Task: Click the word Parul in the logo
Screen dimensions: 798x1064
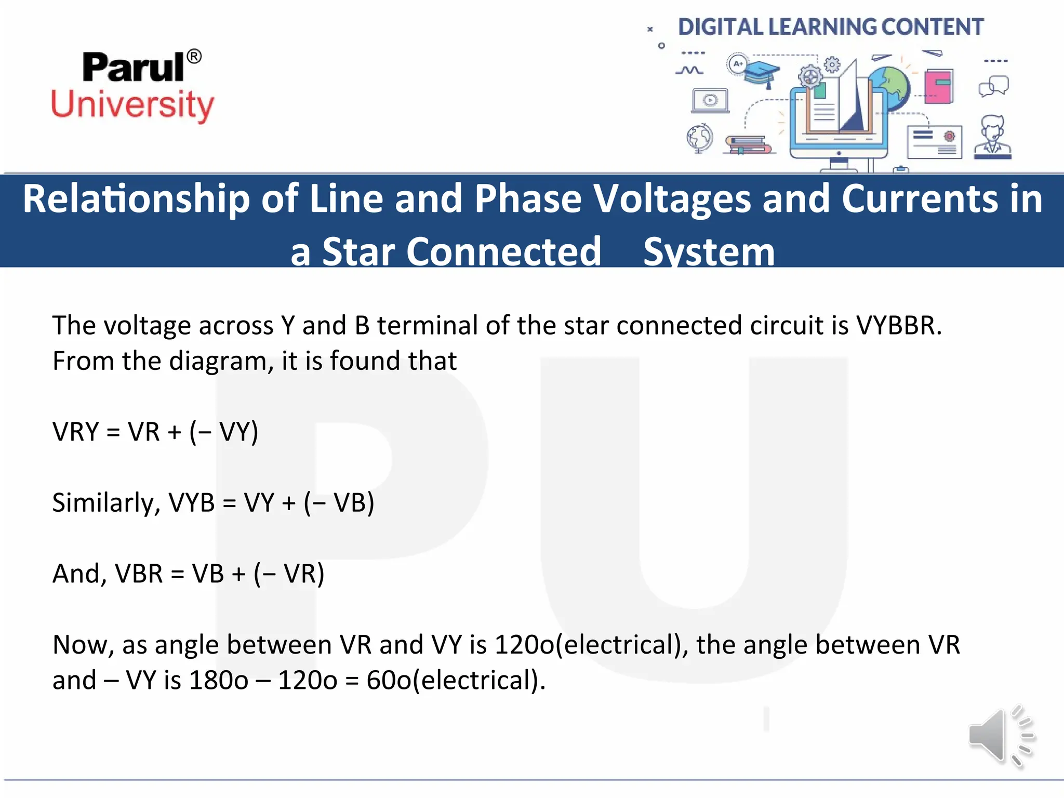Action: (x=133, y=68)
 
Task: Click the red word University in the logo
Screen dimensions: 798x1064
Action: (x=132, y=105)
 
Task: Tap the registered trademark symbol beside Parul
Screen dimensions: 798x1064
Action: (x=194, y=56)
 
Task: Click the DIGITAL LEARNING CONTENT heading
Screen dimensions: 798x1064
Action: (x=830, y=27)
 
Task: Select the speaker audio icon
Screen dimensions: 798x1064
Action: (x=1001, y=736)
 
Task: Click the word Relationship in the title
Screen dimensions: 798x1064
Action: (x=136, y=199)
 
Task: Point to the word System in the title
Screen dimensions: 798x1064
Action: (x=709, y=252)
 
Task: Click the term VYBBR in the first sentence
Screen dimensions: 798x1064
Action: (x=898, y=326)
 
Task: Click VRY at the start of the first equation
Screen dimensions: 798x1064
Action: (x=75, y=432)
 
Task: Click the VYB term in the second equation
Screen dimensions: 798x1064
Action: (x=192, y=503)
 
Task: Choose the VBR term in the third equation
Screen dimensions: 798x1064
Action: (x=139, y=574)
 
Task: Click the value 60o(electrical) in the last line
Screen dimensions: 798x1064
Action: (x=455, y=681)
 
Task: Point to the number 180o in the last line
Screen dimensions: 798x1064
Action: (x=218, y=681)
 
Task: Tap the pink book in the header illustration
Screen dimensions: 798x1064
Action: (x=938, y=86)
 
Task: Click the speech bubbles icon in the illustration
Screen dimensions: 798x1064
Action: (x=993, y=86)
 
